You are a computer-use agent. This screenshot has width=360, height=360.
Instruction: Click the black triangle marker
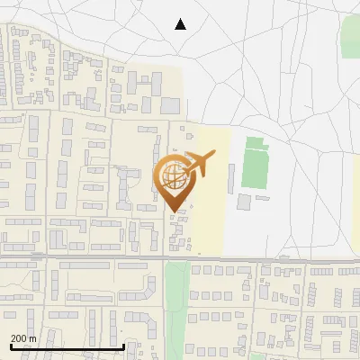coord(180,24)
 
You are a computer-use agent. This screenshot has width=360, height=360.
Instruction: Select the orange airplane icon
coord(196,165)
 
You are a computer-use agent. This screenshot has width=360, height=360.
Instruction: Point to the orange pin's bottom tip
coord(173,211)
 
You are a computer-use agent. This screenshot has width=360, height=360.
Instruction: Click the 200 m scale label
coord(23,338)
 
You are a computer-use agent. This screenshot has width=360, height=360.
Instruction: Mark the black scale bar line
coord(67,346)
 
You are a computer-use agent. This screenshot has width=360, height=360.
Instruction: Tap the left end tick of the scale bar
coord(10,344)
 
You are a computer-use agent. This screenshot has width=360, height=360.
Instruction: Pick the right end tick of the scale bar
coord(123,344)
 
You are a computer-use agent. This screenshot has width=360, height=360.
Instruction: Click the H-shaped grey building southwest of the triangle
coord(143,85)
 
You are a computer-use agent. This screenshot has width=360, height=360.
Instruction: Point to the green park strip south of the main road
coord(177,306)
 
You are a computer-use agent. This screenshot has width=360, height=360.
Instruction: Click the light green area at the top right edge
coord(350,36)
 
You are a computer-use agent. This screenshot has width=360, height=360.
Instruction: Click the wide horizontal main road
coord(270,260)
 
